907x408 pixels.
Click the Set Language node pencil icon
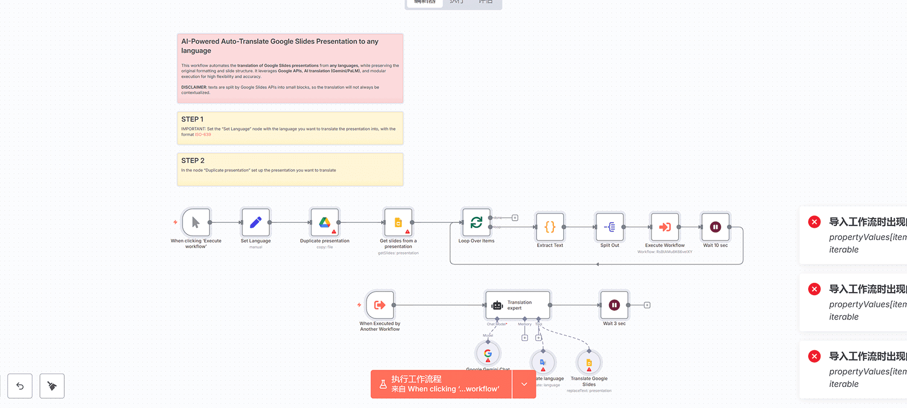[256, 222]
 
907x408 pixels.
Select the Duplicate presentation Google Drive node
[324, 222]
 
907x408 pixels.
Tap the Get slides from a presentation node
[398, 222]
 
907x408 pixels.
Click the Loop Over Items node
[476, 222]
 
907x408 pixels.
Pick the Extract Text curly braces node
[550, 227]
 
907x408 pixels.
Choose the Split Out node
[610, 227]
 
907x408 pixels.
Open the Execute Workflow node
[665, 227]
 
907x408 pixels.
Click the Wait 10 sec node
[715, 227]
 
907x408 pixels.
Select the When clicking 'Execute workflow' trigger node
[195, 222]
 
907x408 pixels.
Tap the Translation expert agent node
[518, 305]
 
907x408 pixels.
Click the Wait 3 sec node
[614, 305]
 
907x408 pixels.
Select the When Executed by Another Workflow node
[380, 305]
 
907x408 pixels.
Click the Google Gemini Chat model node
[488, 354]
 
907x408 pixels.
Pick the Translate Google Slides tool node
[589, 363]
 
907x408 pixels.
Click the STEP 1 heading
[192, 119]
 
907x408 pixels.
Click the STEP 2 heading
[193, 161]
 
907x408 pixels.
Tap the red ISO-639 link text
[203, 134]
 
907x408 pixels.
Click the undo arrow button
[20, 386]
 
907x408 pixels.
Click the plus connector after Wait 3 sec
[647, 305]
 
